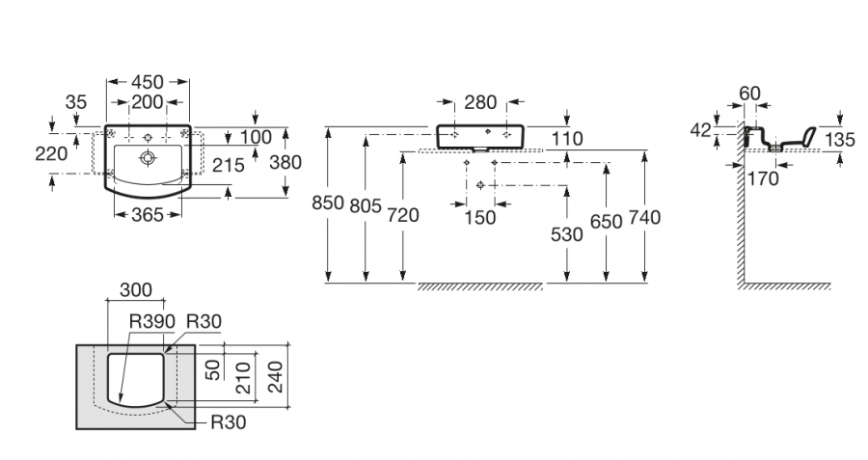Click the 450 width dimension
148,83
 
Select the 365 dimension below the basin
148,216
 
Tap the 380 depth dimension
285,163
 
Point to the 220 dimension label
49,152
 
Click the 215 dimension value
229,165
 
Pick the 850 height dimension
329,203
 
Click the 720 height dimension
403,216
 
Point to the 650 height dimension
606,221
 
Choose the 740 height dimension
643,217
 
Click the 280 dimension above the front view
478,102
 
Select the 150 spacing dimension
479,217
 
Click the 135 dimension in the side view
841,140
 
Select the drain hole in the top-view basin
149,155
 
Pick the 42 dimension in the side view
701,128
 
